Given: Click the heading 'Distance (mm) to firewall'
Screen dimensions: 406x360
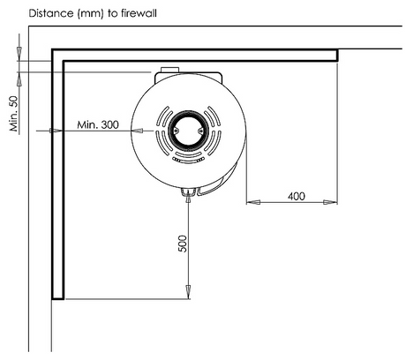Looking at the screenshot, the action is pos(93,13).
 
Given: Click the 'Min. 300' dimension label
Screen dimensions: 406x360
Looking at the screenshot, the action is pos(98,124).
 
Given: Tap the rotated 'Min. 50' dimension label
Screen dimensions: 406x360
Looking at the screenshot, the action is pos(14,114).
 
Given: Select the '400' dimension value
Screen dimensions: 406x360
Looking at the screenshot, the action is pos(297,196).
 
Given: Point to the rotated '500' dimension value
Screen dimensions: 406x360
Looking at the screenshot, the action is pos(183,244).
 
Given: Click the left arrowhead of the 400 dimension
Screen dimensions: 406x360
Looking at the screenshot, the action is pos(253,202).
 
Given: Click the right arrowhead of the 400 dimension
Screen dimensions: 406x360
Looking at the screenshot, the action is pos(330,202).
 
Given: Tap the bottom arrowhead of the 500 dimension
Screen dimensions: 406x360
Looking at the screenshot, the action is pos(188,292).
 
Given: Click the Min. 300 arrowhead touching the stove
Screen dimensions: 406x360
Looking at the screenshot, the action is pos(137,131).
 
